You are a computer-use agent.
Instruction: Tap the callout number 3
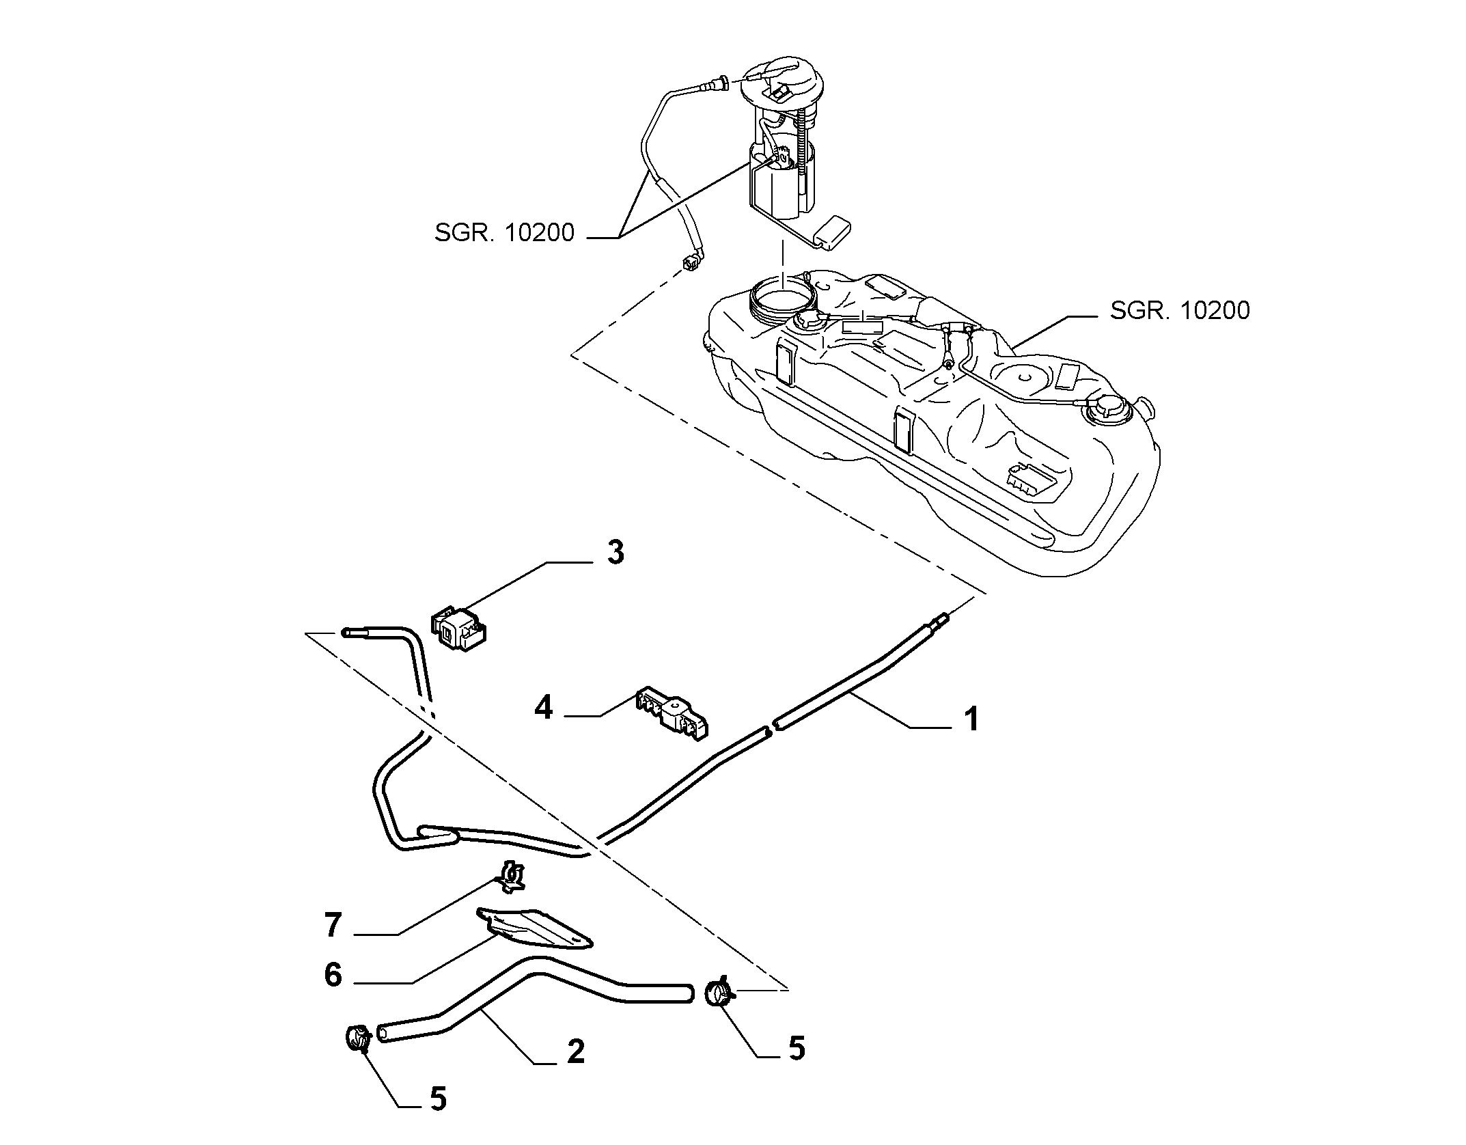pyautogui.click(x=616, y=552)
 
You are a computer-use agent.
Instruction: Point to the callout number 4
pyautogui.click(x=543, y=708)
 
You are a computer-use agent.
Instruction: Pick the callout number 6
pyautogui.click(x=333, y=975)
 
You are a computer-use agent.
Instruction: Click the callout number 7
pyautogui.click(x=333, y=925)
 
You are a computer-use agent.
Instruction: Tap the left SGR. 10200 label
pyautogui.click(x=504, y=233)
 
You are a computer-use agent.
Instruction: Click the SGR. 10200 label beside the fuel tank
pyautogui.click(x=1180, y=310)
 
